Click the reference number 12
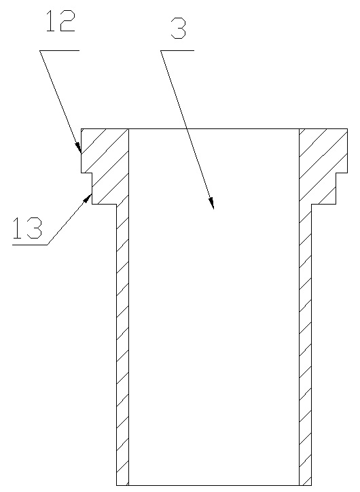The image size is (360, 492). pyautogui.click(x=61, y=20)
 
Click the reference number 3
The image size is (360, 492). pyautogui.click(x=179, y=28)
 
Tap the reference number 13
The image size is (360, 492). pyautogui.click(x=27, y=228)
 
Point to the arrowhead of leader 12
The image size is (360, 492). pyautogui.click(x=79, y=148)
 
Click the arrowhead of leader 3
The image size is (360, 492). pyautogui.click(x=212, y=204)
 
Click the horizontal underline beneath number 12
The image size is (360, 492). pyautogui.click(x=60, y=50)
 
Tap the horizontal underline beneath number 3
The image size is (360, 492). pyautogui.click(x=177, y=50)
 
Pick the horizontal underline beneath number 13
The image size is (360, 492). pyautogui.click(x=30, y=245)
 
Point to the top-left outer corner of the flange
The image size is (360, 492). pyautogui.click(x=82, y=128)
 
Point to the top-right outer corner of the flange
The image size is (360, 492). pyautogui.click(x=347, y=128)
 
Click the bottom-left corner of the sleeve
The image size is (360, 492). pyautogui.click(x=117, y=485)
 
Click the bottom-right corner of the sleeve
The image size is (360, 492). pyautogui.click(x=311, y=485)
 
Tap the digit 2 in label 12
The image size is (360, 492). pyautogui.click(x=68, y=20)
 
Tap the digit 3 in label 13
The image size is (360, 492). pyautogui.click(x=35, y=228)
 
